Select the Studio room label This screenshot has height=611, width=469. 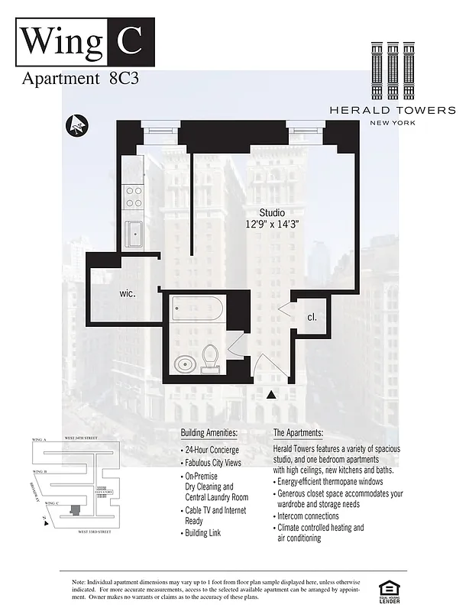point(272,212)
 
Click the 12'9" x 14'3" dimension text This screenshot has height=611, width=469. point(272,225)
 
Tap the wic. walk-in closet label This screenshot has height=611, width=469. point(128,293)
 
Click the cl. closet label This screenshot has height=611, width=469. point(312,317)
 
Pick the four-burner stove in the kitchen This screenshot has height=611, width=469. point(134,197)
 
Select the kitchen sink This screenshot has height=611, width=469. point(135,233)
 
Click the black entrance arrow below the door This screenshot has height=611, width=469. point(270,395)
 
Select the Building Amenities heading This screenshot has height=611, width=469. point(209,433)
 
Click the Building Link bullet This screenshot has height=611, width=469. point(202,532)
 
